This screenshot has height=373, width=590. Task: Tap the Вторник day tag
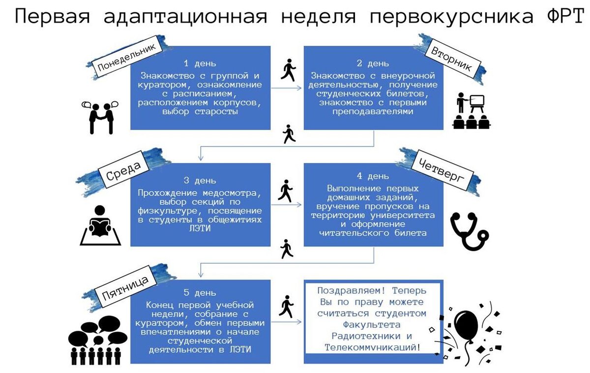tap(451, 60)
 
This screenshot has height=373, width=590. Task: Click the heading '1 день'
tap(200, 63)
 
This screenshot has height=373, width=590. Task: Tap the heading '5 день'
tap(200, 292)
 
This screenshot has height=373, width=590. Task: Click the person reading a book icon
tap(100, 226)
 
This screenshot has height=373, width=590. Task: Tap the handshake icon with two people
tap(101, 117)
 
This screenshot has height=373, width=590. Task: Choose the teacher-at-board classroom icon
tap(471, 111)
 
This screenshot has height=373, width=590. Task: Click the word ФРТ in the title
tap(559, 16)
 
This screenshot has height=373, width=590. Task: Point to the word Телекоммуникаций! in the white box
tap(373, 347)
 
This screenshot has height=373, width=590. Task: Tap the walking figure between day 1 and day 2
tap(288, 70)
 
